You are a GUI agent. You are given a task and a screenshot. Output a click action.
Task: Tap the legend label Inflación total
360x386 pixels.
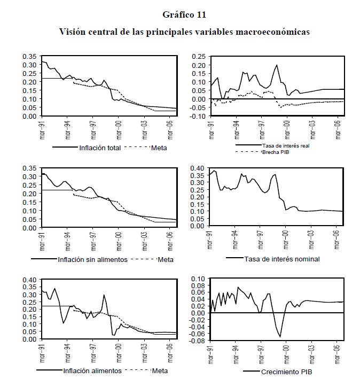100,148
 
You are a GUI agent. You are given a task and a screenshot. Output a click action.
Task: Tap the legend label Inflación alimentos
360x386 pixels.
93,370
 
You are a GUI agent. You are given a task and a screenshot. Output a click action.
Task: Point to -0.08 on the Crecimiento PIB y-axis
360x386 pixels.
198,341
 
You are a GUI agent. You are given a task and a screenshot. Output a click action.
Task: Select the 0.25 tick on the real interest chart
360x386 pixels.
199,56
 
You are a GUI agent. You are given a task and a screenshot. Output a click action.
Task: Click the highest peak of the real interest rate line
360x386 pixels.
277,65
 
